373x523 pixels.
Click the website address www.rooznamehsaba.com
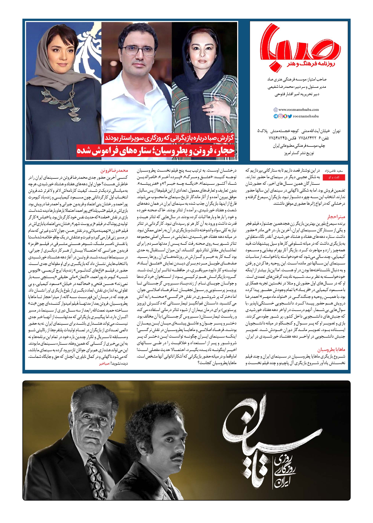[299, 110]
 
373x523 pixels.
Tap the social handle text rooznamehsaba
[306, 116]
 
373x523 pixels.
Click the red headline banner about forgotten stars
[156, 151]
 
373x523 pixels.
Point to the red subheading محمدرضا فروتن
[114, 171]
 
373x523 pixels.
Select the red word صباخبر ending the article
[104, 364]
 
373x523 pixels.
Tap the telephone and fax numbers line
[299, 138]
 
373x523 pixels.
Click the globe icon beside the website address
[276, 110]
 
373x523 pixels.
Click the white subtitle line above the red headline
[170, 138]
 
